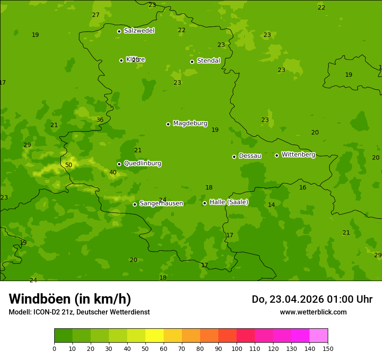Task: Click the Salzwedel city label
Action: [139, 31]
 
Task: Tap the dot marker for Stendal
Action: [192, 62]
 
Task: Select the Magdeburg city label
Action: [190, 124]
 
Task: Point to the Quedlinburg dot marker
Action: [119, 164]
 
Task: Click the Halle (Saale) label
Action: [229, 202]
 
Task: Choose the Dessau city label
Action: [250, 156]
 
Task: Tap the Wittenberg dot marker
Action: [277, 155]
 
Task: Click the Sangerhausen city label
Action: [161, 203]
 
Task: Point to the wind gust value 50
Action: [69, 165]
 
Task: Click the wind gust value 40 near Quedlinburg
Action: [113, 173]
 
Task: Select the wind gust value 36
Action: [100, 120]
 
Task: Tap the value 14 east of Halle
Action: [271, 205]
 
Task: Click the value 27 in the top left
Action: [96, 15]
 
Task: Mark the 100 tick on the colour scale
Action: [237, 348]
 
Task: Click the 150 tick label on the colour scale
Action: [328, 348]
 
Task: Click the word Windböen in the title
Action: [40, 299]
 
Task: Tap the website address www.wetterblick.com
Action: [313, 312]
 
